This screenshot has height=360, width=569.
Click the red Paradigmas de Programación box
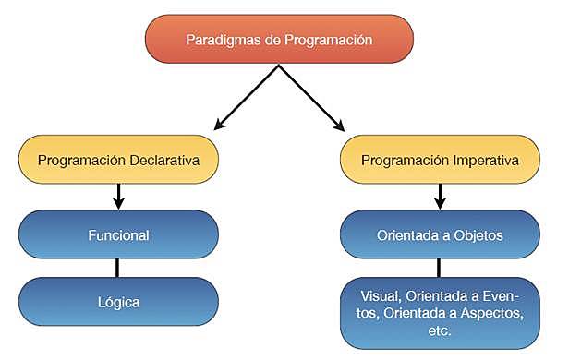tap(278, 40)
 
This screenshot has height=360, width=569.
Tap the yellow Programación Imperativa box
tap(439, 160)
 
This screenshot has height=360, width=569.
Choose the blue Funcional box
tap(117, 235)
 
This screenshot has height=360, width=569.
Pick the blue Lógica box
tap(117, 301)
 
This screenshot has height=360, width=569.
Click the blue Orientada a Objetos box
tap(439, 235)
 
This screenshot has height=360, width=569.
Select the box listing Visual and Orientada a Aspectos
tap(439, 313)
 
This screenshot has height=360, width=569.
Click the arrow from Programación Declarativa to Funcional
tap(117, 196)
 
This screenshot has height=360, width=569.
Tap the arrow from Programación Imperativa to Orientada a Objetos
tap(440, 196)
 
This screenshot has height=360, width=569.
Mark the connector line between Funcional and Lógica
tap(117, 268)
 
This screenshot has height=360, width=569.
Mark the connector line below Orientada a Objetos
tap(440, 268)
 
